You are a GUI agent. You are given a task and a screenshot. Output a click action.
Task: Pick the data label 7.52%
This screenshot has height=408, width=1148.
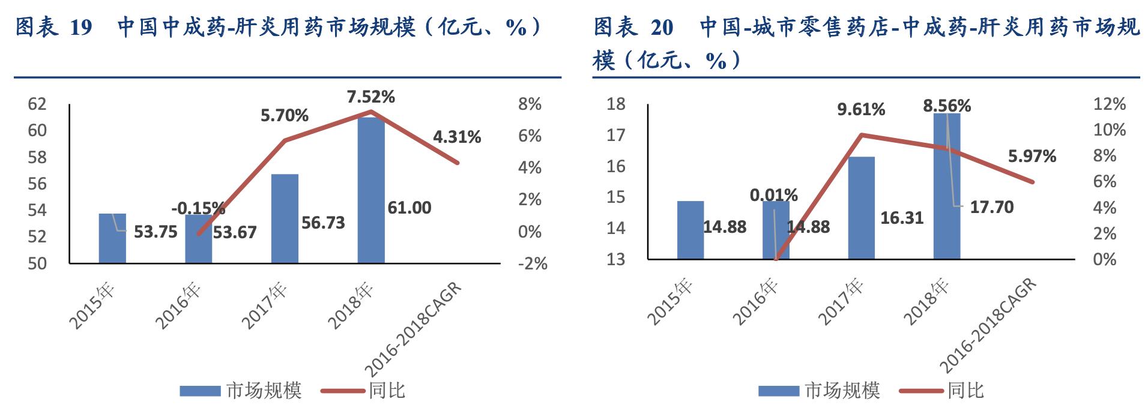click(x=370, y=97)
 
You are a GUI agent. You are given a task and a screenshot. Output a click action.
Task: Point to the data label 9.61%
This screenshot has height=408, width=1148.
click(x=861, y=109)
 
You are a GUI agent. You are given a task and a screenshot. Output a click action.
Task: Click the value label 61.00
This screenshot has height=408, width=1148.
click(x=409, y=208)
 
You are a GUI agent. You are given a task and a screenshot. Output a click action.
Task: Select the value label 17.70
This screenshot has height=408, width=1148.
click(x=991, y=207)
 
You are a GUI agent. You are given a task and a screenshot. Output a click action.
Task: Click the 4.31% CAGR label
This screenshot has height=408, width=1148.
click(x=457, y=137)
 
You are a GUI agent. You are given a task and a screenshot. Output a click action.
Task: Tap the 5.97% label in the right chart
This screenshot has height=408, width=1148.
click(x=1032, y=156)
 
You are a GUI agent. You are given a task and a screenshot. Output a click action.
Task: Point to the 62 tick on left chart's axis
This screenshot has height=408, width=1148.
click(x=37, y=104)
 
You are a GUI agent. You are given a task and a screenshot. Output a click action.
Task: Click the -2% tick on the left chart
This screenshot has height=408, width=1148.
click(x=532, y=263)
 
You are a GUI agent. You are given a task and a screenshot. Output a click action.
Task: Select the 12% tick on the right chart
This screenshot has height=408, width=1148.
click(x=1108, y=104)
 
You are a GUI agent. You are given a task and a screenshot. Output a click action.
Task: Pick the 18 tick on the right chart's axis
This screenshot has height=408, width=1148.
click(x=615, y=104)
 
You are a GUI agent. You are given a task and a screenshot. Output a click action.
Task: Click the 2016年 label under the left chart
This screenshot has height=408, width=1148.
click(x=178, y=306)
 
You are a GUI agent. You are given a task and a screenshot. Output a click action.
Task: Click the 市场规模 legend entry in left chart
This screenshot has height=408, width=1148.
click(x=241, y=391)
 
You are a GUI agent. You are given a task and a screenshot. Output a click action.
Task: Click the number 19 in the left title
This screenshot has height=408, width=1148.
click(x=80, y=28)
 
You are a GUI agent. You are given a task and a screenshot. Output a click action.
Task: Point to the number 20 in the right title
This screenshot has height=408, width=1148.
click(x=662, y=28)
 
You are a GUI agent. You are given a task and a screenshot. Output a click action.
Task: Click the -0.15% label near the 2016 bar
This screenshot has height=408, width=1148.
click(x=198, y=208)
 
